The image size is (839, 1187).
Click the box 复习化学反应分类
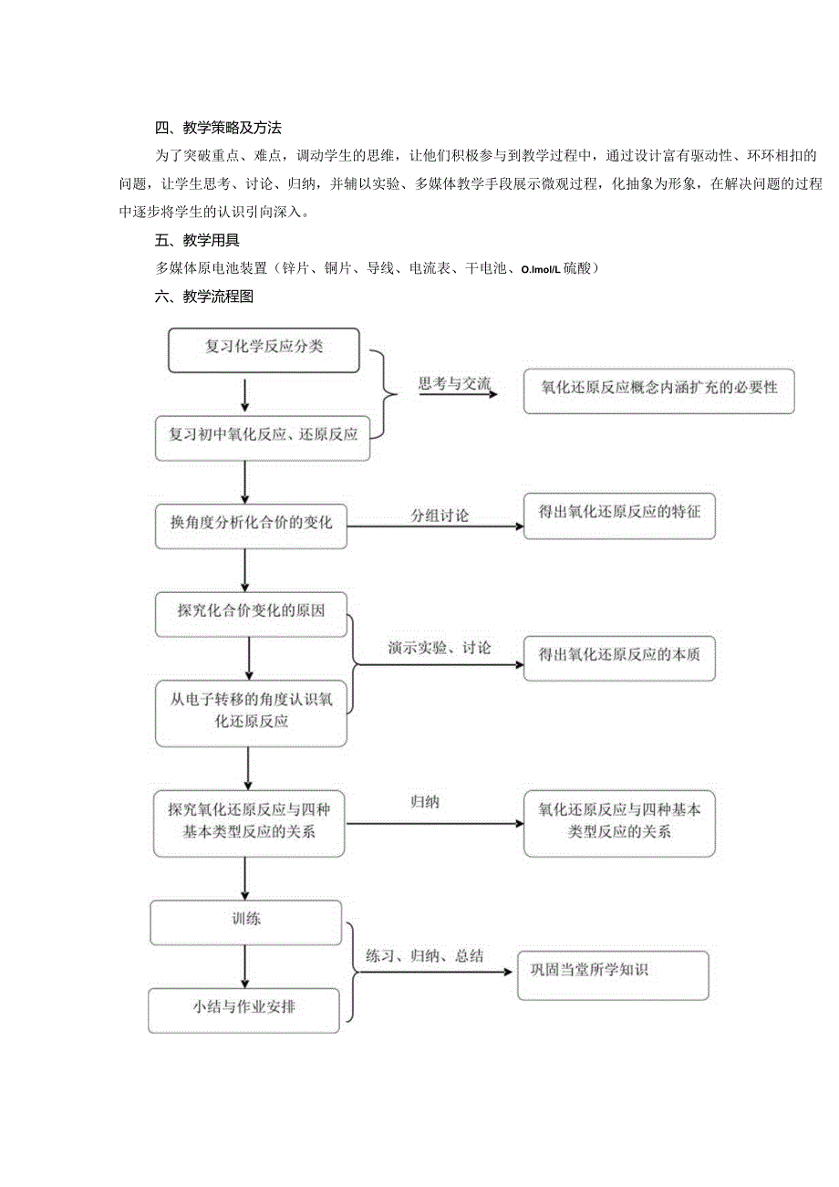264,349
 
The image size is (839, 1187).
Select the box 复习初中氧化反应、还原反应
263,436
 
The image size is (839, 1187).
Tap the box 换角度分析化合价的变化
251,525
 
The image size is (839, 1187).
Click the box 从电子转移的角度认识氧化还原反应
251,712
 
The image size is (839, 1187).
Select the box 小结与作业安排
243,1009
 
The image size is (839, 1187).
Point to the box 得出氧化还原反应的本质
619,656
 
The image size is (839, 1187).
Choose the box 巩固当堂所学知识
613,974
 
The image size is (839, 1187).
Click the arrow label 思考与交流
454,384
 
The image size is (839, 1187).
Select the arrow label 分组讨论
440,515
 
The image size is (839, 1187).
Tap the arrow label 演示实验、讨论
439,649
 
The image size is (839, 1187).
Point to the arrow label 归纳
425,803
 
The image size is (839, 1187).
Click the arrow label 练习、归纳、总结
424,957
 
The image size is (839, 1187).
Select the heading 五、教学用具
197,241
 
